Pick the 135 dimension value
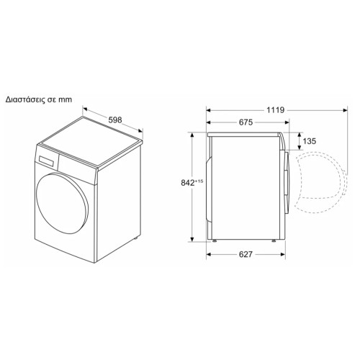click(x=309, y=141)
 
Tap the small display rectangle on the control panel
click(x=48, y=161)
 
